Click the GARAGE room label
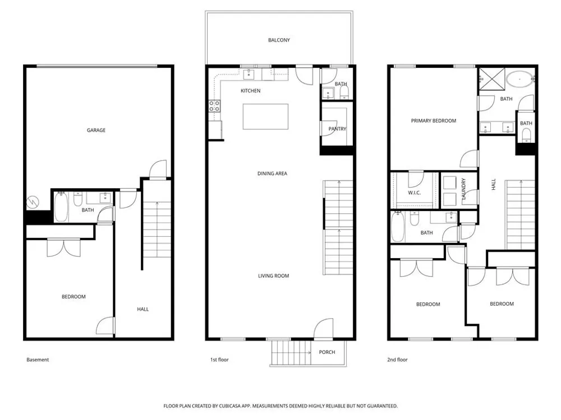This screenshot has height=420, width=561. point(96,130)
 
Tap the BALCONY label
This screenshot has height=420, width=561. point(279,40)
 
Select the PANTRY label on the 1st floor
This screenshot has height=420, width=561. point(337,129)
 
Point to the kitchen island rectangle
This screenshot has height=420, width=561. point(265,116)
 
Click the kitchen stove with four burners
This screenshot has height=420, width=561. point(215,106)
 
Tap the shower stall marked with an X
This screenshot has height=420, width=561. point(492,78)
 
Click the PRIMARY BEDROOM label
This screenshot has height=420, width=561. point(433,121)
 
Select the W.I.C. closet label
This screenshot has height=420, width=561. point(415,193)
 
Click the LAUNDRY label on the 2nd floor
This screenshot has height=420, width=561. point(464,189)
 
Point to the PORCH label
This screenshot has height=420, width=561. point(327,352)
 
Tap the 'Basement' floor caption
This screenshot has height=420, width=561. point(38,360)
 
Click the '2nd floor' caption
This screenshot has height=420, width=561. point(397,360)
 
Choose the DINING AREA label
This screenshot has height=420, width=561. point(272,174)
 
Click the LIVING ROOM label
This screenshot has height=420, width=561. point(274,276)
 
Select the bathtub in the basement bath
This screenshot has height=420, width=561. point(61,207)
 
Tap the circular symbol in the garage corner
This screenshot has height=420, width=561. point(33,202)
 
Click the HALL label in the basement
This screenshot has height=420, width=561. point(142,309)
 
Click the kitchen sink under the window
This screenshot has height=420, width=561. point(249,74)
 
